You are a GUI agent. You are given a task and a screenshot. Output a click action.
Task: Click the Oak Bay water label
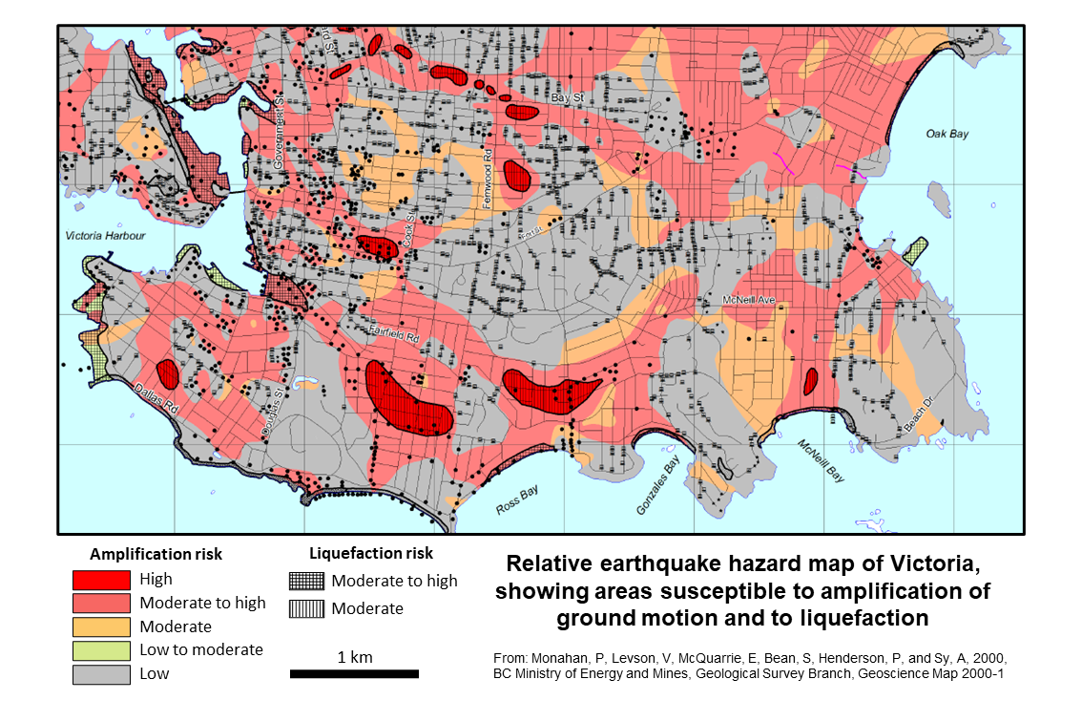(947, 134)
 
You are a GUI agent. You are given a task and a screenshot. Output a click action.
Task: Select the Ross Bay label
(516, 500)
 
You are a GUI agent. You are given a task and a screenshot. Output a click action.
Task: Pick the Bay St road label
(567, 98)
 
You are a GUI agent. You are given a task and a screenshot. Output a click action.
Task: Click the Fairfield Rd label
(395, 333)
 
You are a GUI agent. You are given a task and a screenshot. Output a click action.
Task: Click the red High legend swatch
(100, 579)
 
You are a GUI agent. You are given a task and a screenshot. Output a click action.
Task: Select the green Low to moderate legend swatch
(100, 650)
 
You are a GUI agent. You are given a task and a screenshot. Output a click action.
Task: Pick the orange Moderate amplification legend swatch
(100, 626)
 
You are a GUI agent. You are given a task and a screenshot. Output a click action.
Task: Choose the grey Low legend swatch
(100, 674)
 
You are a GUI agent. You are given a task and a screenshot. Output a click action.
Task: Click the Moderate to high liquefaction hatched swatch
(306, 581)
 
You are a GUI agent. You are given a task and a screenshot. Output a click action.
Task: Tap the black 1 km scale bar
(354, 674)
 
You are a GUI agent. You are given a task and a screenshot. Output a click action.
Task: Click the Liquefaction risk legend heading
(371, 553)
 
